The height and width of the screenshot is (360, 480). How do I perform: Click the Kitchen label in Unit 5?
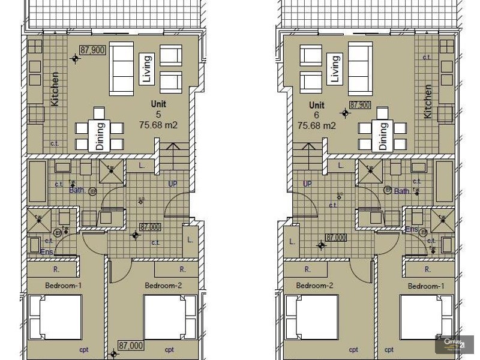[x=55, y=89]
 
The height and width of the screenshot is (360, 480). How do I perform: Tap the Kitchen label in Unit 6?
[x=428, y=101]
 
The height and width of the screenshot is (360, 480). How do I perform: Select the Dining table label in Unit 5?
[x=100, y=136]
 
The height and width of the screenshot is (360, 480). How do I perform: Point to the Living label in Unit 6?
[x=335, y=68]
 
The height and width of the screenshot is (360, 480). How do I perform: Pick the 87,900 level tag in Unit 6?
[x=360, y=104]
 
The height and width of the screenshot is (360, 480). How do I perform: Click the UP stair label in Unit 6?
[x=307, y=184]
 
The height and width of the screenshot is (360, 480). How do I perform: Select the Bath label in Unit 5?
[x=77, y=191]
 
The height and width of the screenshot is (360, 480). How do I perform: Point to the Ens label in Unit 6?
[x=412, y=229]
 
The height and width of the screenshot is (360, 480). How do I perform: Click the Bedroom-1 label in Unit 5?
[x=62, y=286]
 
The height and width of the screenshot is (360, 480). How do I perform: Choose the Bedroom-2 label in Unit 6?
[x=314, y=286]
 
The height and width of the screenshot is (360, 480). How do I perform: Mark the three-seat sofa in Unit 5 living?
[x=121, y=68]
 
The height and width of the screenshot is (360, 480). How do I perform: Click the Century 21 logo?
[x=456, y=344]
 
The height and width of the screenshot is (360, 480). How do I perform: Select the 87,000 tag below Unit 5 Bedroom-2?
[x=130, y=345]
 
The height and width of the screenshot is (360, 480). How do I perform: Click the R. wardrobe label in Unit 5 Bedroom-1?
[x=56, y=269]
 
